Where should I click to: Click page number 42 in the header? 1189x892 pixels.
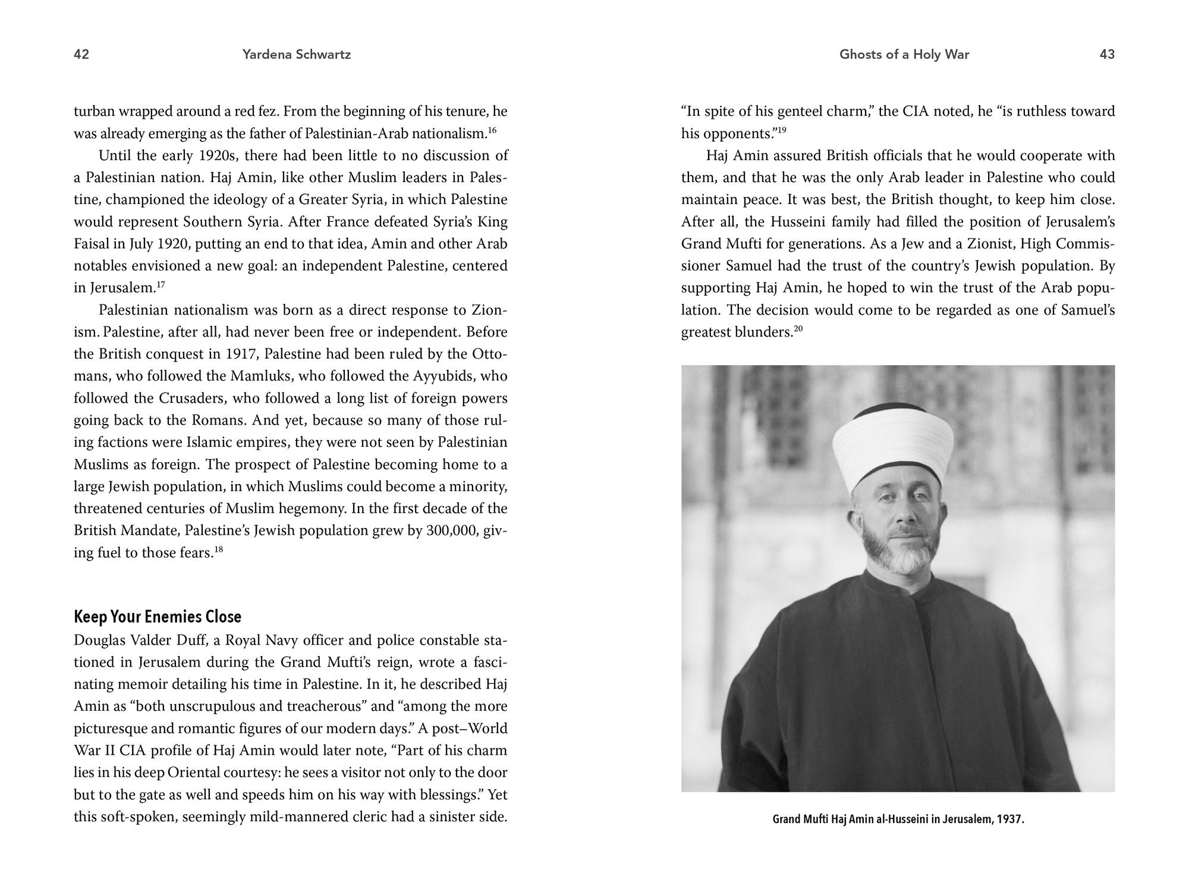coord(81,55)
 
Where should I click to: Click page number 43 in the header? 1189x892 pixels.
coord(1107,55)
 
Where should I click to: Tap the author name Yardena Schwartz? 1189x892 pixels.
coord(297,55)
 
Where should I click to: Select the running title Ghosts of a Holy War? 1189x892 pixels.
coord(904,55)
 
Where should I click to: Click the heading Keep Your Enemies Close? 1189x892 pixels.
coord(158,617)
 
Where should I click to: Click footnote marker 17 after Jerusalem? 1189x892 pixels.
coord(161,285)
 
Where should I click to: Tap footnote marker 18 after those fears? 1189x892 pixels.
coord(218,549)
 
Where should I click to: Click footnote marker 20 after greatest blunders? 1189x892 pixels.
coord(798,329)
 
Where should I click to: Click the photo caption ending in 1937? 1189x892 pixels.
coord(898,819)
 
